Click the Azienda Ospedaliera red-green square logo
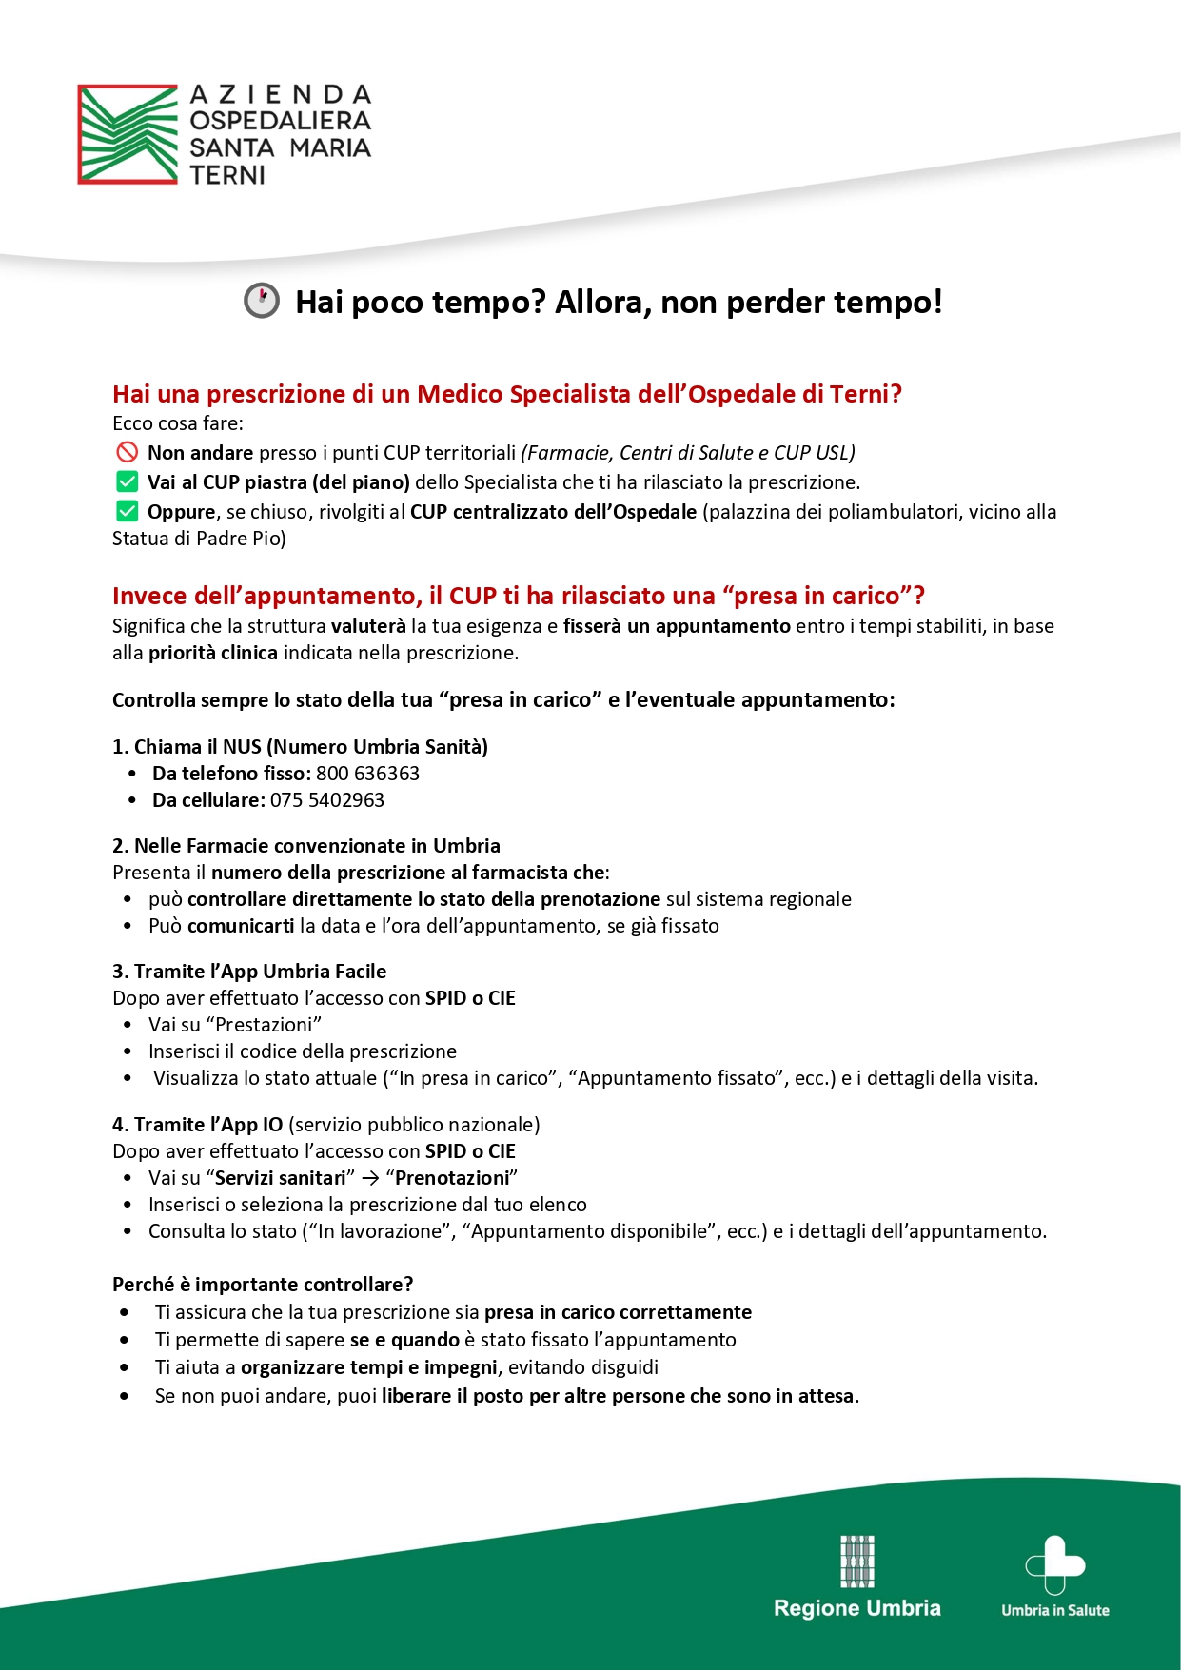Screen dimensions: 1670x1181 point(128,134)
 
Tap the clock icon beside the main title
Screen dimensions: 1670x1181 point(262,301)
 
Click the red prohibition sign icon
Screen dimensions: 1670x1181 point(127,452)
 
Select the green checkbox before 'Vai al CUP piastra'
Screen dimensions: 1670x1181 point(127,481)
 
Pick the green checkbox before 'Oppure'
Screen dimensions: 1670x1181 point(127,511)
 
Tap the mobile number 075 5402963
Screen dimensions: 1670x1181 point(327,800)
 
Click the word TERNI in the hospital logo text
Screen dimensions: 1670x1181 point(227,175)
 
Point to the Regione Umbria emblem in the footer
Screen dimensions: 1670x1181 point(856,1562)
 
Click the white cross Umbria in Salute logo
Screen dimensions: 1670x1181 point(1054,1564)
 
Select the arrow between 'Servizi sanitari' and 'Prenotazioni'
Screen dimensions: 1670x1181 point(371,1178)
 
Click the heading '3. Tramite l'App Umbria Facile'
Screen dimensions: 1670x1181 point(249,972)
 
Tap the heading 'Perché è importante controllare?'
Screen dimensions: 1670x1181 point(263,1285)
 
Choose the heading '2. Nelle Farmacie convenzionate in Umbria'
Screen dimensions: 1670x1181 point(306,846)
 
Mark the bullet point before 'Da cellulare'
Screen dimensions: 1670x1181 point(132,800)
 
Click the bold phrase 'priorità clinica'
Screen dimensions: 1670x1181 point(213,653)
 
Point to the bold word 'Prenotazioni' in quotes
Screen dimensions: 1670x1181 point(452,1178)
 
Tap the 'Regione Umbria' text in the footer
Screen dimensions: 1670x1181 point(856,1608)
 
